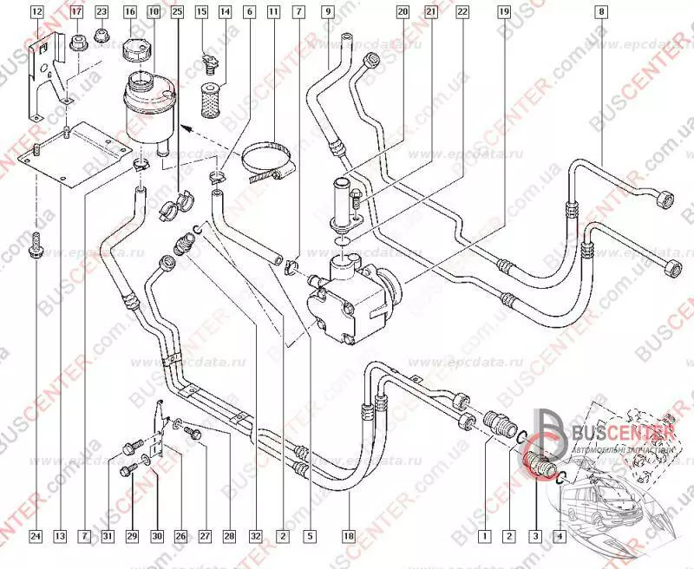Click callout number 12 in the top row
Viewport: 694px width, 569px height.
[x=36, y=12]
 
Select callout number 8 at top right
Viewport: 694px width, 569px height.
[x=601, y=12]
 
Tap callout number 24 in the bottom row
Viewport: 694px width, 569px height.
[x=36, y=535]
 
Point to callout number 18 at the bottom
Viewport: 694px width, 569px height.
[x=350, y=535]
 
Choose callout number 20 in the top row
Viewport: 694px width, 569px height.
[x=403, y=12]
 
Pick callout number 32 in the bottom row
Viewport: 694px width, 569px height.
[x=258, y=535]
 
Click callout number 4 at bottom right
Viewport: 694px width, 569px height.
[x=559, y=535]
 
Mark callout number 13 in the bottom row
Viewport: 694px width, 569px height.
[x=60, y=535]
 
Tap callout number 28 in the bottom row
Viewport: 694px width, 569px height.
[x=228, y=535]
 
